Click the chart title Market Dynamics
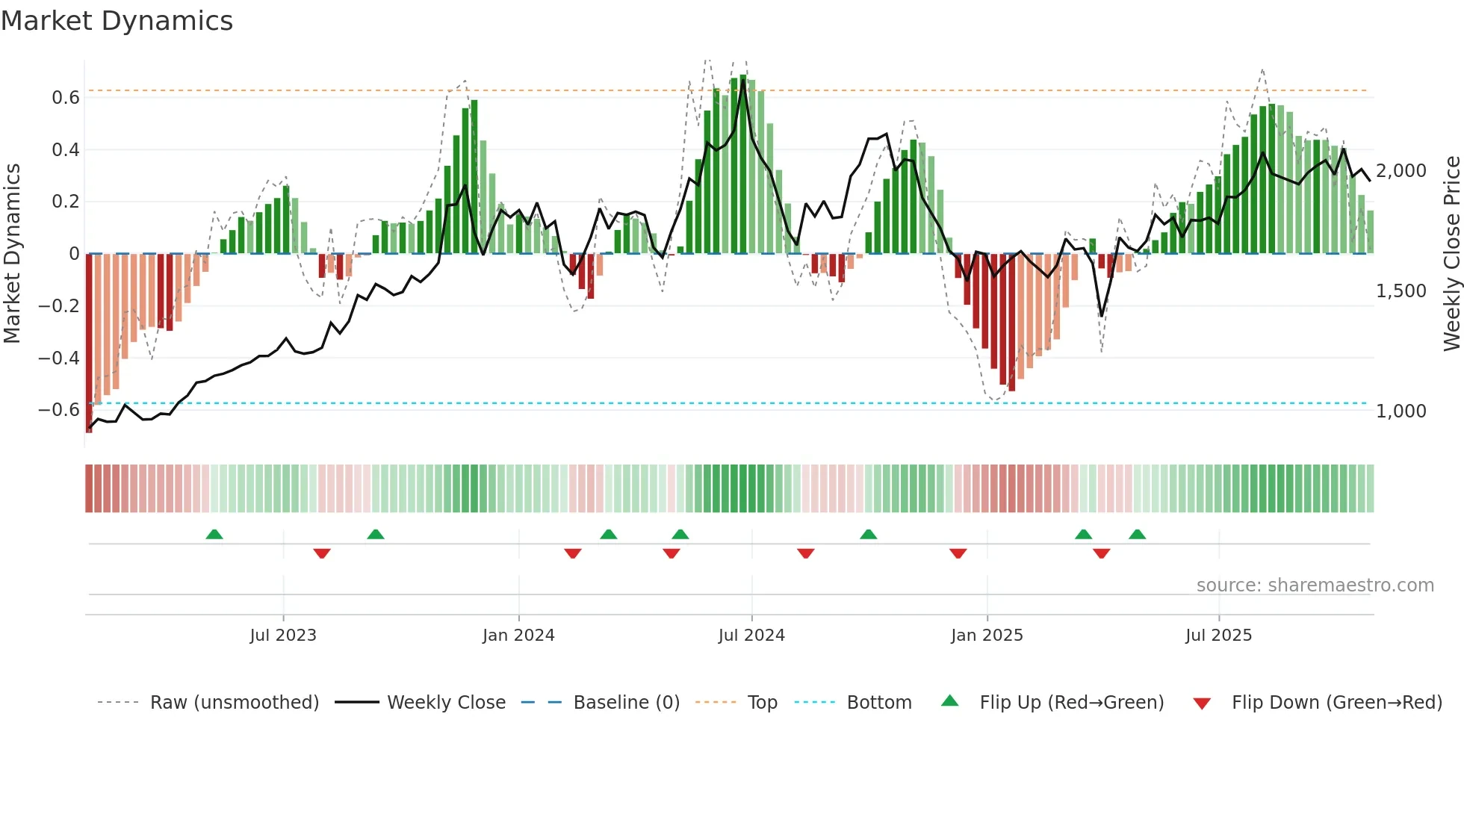(x=117, y=21)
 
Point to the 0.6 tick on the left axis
(x=65, y=98)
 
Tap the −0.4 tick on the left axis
(x=59, y=358)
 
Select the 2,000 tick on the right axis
(x=1401, y=171)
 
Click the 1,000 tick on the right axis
(x=1401, y=411)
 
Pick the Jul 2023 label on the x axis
(x=283, y=636)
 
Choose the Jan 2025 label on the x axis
(x=987, y=636)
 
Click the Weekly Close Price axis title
(x=1451, y=253)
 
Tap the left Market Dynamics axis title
(x=12, y=253)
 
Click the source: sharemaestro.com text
(x=1315, y=586)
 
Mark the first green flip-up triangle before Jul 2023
(x=214, y=535)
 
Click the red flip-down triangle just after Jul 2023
(x=322, y=553)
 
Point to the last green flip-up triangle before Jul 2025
(x=1137, y=535)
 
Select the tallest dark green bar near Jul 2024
(x=742, y=164)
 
